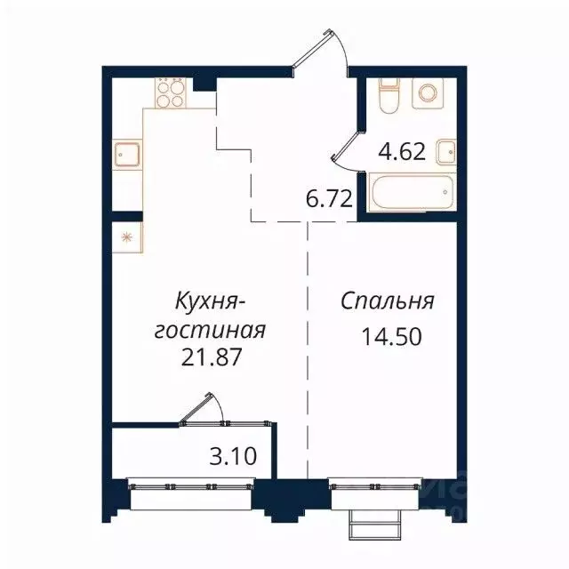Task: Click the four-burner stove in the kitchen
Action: [x=171, y=92]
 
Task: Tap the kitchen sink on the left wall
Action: [x=125, y=156]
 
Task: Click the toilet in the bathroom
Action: [x=389, y=95]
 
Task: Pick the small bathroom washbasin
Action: [x=447, y=152]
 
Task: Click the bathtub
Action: [x=412, y=193]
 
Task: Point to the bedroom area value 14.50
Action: [x=388, y=339]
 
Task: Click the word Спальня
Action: [x=388, y=301]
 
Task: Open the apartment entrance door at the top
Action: [x=320, y=52]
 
